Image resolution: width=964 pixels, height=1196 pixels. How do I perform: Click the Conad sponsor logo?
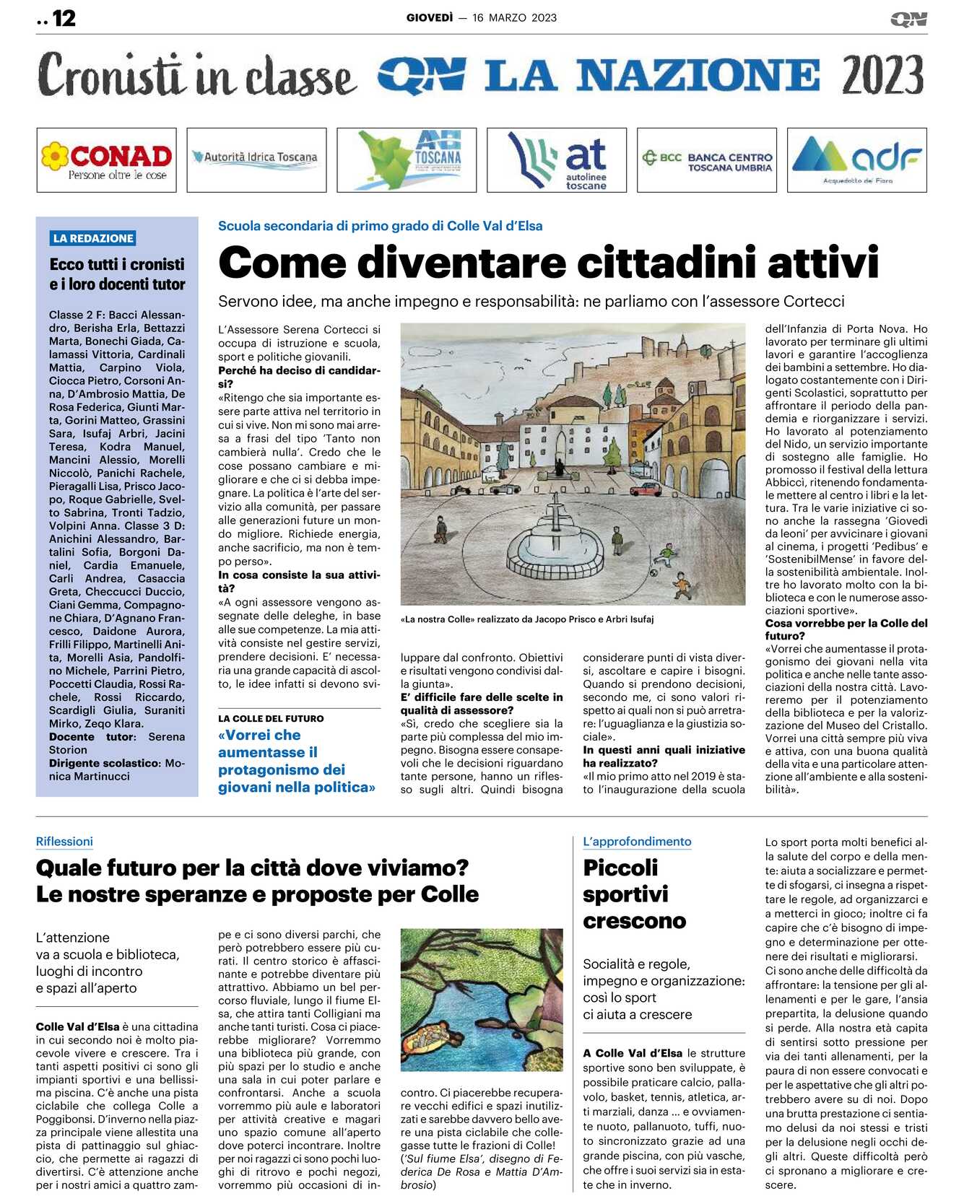point(106,160)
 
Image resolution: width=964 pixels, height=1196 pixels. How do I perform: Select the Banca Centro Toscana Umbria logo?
point(706,161)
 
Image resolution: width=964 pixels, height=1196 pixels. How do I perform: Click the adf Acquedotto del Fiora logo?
point(856,160)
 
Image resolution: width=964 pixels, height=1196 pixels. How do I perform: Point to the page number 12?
point(64,18)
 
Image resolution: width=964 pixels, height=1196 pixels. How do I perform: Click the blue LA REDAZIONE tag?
point(93,238)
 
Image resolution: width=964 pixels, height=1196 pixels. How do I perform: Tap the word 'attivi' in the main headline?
point(822,262)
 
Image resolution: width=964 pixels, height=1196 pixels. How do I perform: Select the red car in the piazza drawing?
point(645,490)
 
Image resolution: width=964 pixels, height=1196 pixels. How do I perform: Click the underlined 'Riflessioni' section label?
point(64,842)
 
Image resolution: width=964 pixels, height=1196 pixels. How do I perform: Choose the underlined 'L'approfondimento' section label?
point(637,842)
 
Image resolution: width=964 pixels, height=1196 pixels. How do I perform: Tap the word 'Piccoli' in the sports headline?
point(620,868)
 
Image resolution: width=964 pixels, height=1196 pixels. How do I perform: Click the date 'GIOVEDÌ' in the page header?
point(430,18)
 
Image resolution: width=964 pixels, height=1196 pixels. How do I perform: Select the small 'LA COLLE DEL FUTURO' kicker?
point(271,719)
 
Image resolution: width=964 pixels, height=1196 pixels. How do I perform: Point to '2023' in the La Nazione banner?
point(882,75)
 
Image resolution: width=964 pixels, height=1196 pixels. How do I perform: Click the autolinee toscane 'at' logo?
point(556,160)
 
